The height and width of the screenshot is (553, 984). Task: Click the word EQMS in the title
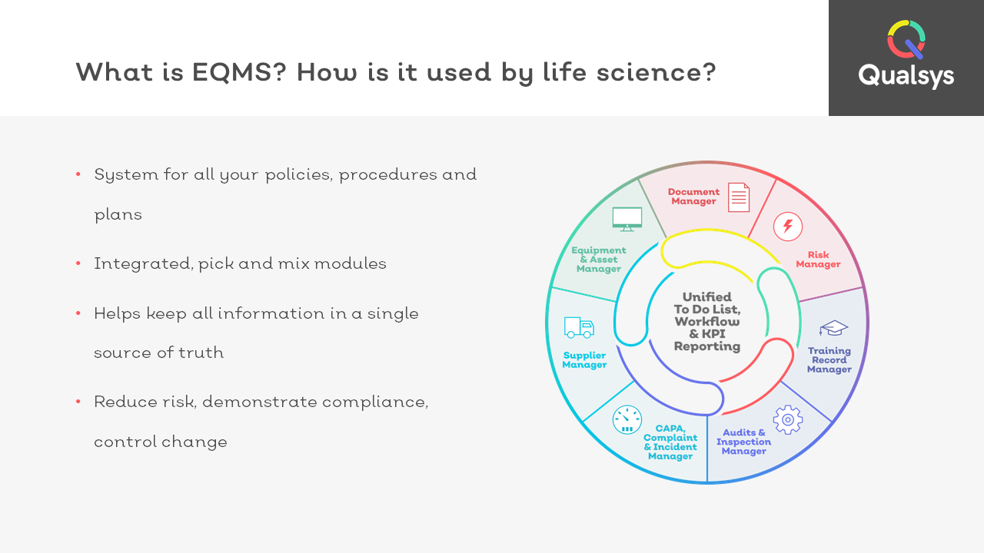[x=239, y=72]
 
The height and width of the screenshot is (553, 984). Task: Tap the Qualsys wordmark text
[x=906, y=76]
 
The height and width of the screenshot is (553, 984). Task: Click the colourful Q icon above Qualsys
[x=906, y=39]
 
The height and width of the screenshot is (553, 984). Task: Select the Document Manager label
[x=693, y=197]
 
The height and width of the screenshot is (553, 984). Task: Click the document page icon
[x=739, y=197]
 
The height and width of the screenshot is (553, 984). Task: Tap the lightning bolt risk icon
[x=788, y=227]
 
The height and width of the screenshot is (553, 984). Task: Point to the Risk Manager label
[x=818, y=260]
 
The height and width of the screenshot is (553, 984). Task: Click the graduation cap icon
[x=833, y=328]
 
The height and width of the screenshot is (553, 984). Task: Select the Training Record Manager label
[x=829, y=360]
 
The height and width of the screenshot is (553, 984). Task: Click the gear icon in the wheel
[x=788, y=420]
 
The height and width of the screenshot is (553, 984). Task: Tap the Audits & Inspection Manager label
[x=743, y=442]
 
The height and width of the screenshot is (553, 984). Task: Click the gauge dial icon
[x=627, y=420]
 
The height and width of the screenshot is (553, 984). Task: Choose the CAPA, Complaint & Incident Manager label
[x=670, y=442]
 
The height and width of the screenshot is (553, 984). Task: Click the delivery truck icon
[x=579, y=327]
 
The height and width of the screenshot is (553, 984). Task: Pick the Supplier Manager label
[x=584, y=360]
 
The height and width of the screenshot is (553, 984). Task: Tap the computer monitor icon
[x=627, y=219]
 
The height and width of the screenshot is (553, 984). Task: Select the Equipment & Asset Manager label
[x=598, y=260]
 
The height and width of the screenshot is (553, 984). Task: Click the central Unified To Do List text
[x=707, y=321]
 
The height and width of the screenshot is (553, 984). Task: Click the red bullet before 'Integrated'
[x=78, y=263]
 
